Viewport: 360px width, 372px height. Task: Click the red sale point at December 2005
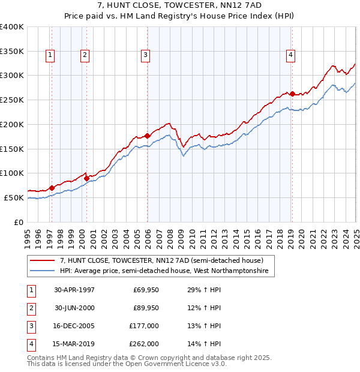coord(148,136)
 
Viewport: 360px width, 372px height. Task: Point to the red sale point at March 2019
coord(292,94)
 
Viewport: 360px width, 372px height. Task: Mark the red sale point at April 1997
coord(52,188)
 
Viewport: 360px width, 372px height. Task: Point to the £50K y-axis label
coord(14,197)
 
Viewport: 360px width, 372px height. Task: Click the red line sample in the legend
coord(41,260)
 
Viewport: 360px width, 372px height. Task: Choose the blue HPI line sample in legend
coord(41,271)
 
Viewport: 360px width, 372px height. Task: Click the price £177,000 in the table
coord(145,326)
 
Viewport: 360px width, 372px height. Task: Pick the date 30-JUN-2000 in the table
coord(74,308)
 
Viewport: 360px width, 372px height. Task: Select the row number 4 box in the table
coord(30,344)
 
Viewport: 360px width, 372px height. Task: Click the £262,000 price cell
coord(145,344)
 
